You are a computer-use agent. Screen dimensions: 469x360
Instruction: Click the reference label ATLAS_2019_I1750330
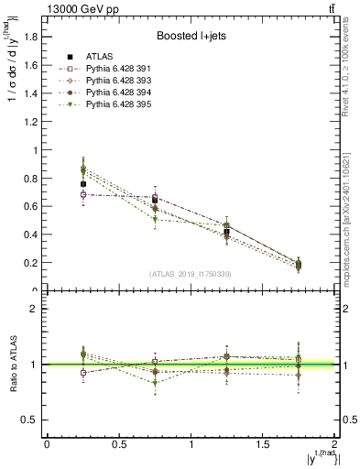pos(190,274)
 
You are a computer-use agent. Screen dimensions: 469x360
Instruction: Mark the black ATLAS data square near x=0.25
pos(82,184)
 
